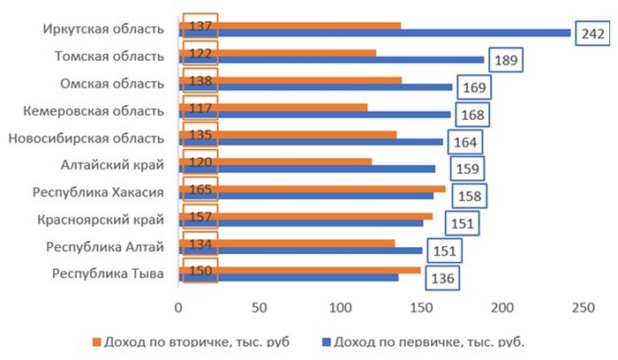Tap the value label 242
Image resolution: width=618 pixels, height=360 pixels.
pyautogui.click(x=592, y=34)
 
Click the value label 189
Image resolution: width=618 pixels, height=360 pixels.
pyautogui.click(x=509, y=61)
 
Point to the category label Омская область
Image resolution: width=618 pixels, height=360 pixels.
pyautogui.click(x=112, y=84)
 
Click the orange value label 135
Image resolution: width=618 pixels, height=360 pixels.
pyautogui.click(x=200, y=136)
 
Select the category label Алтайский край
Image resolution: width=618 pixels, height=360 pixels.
pyautogui.click(x=112, y=164)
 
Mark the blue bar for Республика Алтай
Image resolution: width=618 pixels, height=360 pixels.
pyautogui.click(x=300, y=250)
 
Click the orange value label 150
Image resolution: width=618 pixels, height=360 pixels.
pyautogui.click(x=200, y=270)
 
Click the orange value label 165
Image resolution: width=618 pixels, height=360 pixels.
pyautogui.click(x=200, y=189)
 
